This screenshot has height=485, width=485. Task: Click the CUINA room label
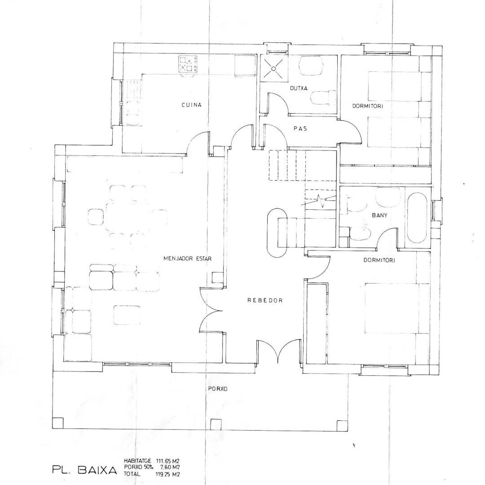(x=191, y=105)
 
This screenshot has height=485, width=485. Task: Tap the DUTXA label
(x=299, y=88)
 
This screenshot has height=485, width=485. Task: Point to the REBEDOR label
(x=265, y=300)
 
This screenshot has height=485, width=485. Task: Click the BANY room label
(x=379, y=215)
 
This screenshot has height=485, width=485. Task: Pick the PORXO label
(x=217, y=389)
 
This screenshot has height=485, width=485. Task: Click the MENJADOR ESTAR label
(x=187, y=259)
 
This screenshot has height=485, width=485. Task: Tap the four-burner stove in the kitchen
(x=188, y=65)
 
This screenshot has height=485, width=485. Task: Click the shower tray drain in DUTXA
(x=274, y=69)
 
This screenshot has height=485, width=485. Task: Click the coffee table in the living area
(x=127, y=315)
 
